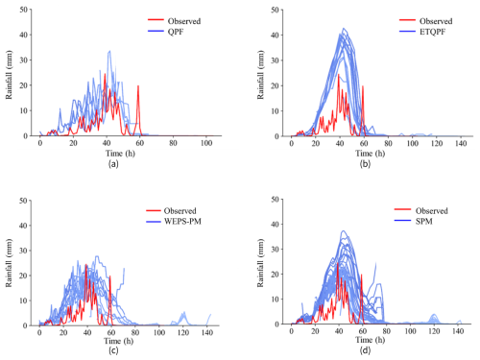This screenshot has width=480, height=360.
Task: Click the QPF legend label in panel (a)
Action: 176,32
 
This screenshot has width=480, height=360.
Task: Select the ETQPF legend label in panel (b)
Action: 432,32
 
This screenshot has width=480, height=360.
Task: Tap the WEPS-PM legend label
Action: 182,222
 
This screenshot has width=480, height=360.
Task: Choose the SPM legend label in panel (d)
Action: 424,222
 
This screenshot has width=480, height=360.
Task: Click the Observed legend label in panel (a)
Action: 184,21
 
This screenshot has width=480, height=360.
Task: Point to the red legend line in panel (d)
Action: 402,209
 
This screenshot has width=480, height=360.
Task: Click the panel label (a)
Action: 113,164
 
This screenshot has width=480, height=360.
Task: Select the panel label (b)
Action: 365,164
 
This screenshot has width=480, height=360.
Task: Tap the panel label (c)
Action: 113,350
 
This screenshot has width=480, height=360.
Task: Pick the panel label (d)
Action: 365,350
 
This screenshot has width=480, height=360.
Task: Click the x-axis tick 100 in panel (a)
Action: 206,143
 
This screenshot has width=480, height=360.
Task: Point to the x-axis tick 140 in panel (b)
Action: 461,143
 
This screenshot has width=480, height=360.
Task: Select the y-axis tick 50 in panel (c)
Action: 23,201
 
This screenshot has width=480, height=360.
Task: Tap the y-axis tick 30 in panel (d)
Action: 275,250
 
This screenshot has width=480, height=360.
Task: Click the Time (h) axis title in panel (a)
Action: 120,154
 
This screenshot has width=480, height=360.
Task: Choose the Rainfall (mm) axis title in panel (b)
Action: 261,75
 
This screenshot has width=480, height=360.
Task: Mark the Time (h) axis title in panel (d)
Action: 371,340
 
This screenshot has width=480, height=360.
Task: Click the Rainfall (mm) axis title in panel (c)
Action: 9,263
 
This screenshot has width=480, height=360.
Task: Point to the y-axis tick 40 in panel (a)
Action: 23,35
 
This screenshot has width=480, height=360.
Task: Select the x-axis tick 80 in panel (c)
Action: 135,333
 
